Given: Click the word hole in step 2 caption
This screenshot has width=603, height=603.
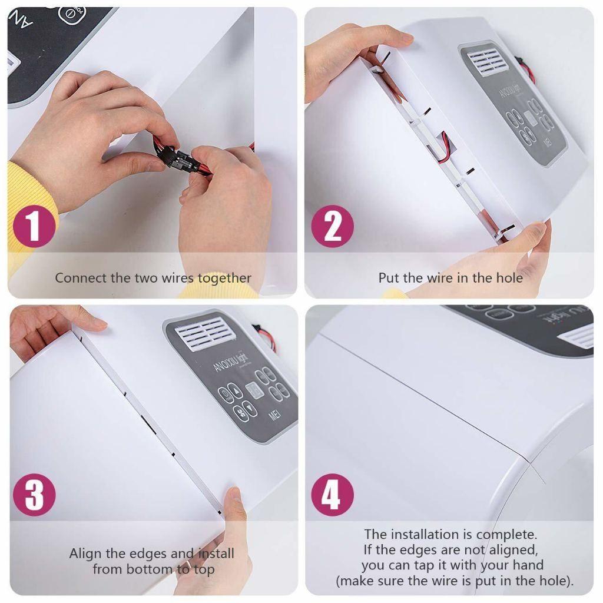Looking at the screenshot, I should coord(508,278).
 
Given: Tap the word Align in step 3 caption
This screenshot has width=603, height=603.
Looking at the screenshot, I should coord(85,554).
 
